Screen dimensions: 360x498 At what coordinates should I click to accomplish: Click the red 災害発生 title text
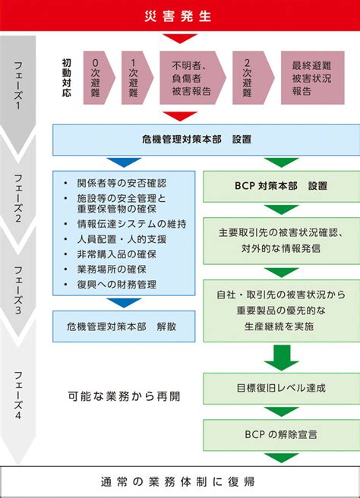pyautogui.click(x=178, y=16)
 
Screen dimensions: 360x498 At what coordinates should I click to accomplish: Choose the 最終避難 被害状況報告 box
pyautogui.click(x=313, y=77)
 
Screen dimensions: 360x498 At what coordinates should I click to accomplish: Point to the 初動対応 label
pyautogui.click(x=66, y=77)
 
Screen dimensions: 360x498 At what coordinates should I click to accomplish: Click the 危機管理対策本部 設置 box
pyautogui.click(x=207, y=140)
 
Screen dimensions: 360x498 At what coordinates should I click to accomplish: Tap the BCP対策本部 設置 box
pyautogui.click(x=282, y=187)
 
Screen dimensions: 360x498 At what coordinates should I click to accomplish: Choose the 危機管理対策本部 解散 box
pyautogui.click(x=124, y=326)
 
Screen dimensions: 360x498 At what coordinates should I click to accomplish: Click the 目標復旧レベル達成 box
pyautogui.click(x=282, y=388)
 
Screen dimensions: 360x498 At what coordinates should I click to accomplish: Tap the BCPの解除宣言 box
pyautogui.click(x=282, y=435)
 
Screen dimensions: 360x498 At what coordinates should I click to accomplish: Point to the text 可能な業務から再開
pyautogui.click(x=124, y=396)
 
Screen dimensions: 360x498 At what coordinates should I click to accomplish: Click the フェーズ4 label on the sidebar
pyautogui.click(x=18, y=395)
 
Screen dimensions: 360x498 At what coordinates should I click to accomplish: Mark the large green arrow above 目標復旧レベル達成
pyautogui.click(x=282, y=358)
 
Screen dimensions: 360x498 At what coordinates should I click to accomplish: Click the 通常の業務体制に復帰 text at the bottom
pyautogui.click(x=178, y=482)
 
